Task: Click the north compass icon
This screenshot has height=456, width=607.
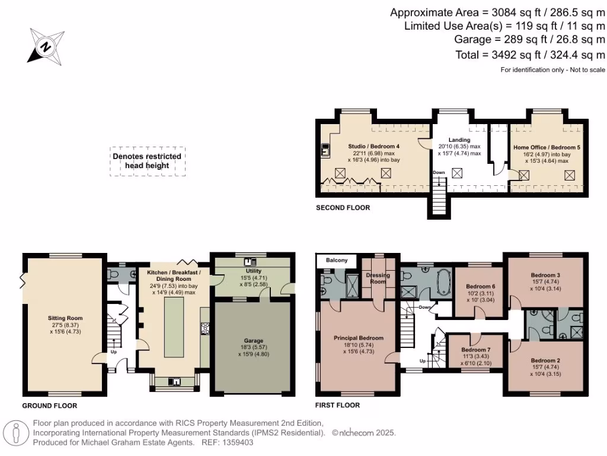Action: [46, 46]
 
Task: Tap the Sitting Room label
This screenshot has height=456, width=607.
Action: [65, 318]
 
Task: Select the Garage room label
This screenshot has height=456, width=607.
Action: [253, 341]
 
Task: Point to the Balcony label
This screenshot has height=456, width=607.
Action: [337, 261]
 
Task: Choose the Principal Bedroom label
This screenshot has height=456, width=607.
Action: [359, 338]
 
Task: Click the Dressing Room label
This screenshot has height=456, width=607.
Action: [378, 278]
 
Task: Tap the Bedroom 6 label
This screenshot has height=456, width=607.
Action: [480, 286]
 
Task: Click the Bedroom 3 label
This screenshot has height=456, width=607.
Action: [545, 275]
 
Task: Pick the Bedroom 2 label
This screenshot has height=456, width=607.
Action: [545, 360]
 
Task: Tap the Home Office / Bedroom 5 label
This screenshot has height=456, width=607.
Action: [547, 147]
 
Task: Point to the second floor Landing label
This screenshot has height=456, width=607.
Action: [459, 140]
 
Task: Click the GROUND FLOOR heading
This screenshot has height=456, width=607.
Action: [50, 406]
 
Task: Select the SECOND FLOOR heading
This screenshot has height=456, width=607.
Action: [343, 208]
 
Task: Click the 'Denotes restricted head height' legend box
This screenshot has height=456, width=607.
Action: [147, 161]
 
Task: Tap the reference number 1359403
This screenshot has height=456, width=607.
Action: [238, 442]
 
